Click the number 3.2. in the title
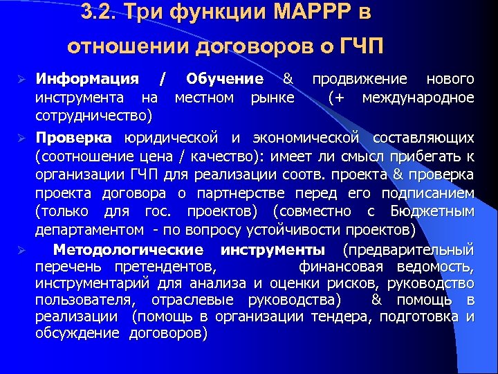tap(98, 12)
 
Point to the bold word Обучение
tap(224, 78)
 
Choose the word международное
tap(418, 96)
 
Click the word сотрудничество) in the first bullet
tap(94, 114)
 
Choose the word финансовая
tap(343, 267)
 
